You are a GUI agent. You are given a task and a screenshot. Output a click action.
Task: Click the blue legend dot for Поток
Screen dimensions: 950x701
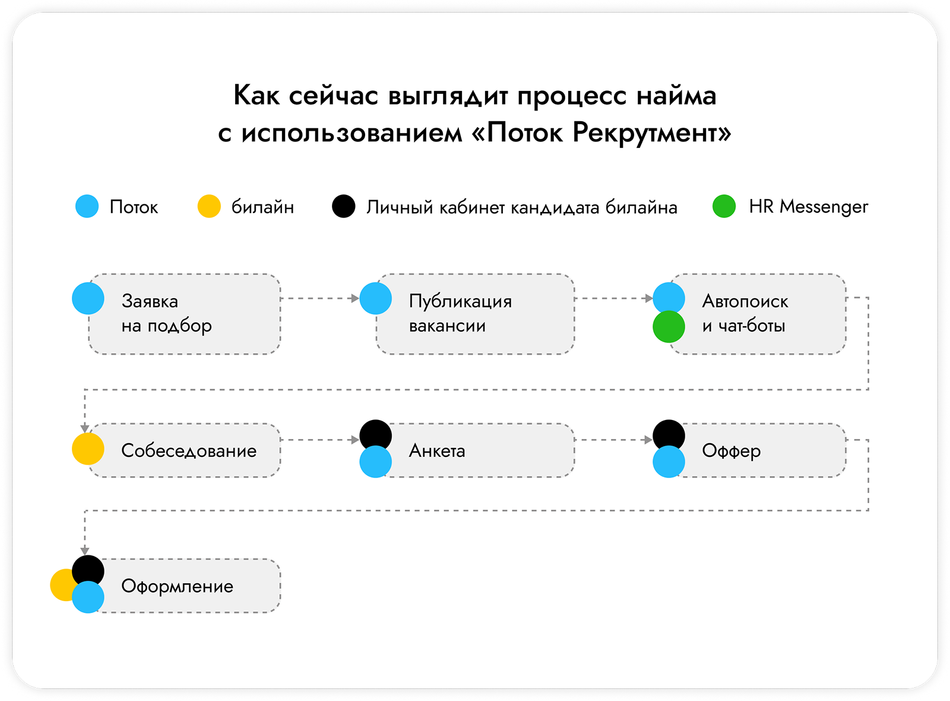coord(87,206)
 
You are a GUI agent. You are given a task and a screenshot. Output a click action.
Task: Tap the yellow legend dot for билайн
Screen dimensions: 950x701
coord(209,206)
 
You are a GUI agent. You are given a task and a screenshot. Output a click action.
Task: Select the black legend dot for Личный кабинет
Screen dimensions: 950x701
coord(344,206)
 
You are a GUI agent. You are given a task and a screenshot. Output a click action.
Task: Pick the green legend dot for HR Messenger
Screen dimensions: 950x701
coord(724,206)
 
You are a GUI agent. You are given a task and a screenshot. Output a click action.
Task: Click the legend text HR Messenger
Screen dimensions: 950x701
coord(808,207)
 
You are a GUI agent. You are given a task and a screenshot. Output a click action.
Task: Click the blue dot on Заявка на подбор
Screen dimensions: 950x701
coord(88,298)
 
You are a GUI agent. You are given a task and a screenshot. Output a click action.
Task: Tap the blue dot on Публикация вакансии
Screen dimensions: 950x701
coord(375,298)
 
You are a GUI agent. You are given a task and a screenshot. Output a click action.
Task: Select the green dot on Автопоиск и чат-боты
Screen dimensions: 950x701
coord(669,327)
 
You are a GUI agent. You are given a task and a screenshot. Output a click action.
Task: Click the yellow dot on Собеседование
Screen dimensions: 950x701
coord(88,449)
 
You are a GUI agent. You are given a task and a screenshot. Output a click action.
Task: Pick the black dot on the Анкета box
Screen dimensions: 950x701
coord(375,434)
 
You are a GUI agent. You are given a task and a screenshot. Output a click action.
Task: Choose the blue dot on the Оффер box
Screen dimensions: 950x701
coord(669,462)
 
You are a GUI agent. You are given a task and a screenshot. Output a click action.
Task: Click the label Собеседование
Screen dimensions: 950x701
coord(189,451)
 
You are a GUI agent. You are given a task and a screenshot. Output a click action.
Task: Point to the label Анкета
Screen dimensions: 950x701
coord(437,451)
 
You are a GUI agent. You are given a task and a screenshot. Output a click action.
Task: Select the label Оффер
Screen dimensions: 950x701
coord(731,451)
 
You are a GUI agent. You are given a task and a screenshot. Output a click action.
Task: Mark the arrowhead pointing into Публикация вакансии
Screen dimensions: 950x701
coord(356,298)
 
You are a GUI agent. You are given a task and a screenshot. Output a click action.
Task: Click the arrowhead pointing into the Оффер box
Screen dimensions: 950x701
coord(648,440)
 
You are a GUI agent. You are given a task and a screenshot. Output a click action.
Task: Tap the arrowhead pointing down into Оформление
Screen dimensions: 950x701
coord(85,552)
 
